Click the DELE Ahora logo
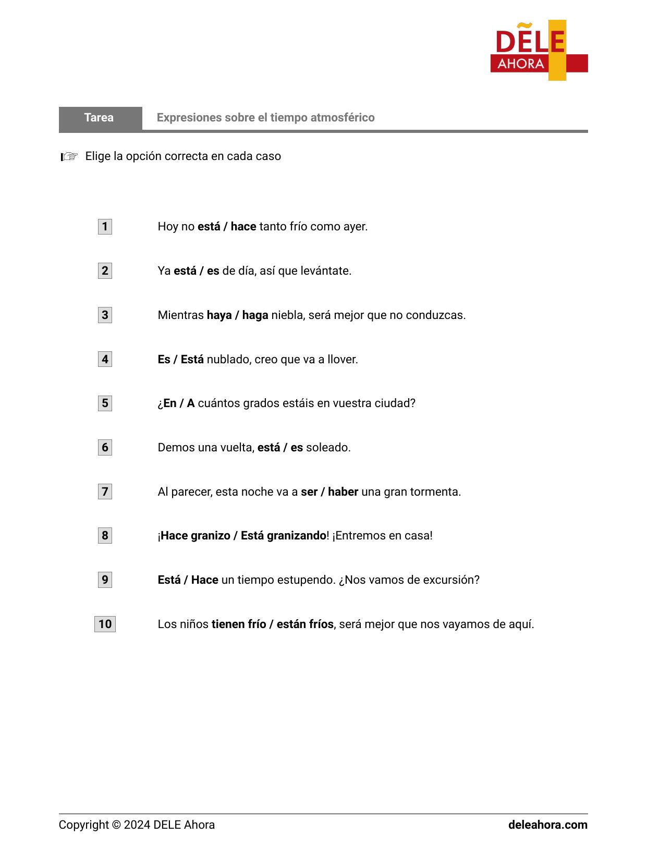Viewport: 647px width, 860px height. (x=539, y=51)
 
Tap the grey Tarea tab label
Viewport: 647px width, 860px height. (x=99, y=118)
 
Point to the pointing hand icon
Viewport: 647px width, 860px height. (x=69, y=156)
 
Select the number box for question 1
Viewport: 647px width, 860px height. (x=105, y=227)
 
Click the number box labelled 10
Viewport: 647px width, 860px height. (x=105, y=624)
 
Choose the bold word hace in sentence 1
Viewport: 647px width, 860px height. (x=243, y=227)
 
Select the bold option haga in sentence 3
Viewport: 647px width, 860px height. (x=255, y=315)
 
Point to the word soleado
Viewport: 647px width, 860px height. (x=328, y=448)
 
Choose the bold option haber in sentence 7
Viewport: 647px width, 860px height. (x=343, y=492)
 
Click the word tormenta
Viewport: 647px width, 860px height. (x=437, y=492)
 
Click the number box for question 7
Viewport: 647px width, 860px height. (x=105, y=492)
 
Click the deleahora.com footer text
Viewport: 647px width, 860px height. (x=547, y=825)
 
